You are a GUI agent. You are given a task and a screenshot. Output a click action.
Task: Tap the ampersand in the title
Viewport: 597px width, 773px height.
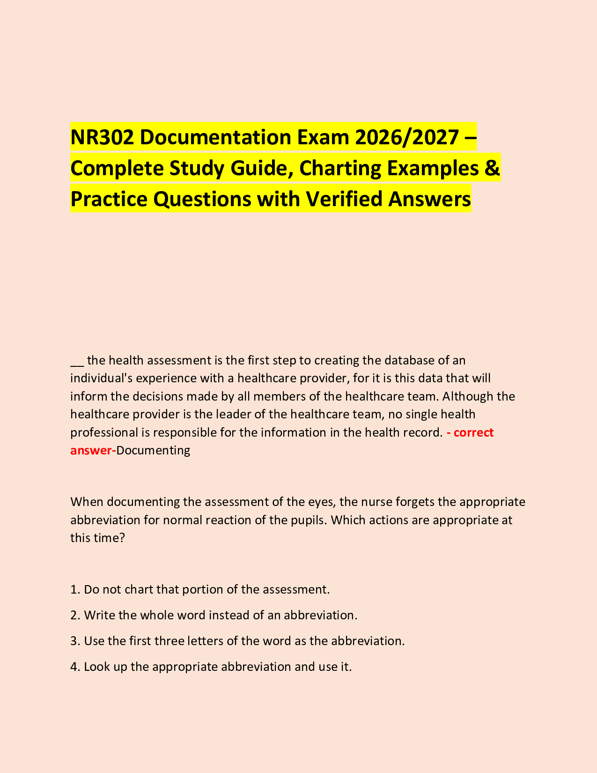click(492, 168)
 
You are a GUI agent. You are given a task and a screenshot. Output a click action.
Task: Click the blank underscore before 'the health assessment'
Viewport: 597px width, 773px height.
click(77, 361)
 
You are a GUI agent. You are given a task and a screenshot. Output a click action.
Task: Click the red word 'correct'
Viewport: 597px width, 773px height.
click(473, 432)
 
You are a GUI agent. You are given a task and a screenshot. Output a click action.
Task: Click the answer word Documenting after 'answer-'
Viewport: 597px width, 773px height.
click(153, 451)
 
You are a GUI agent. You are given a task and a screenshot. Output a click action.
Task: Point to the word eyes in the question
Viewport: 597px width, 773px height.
click(320, 502)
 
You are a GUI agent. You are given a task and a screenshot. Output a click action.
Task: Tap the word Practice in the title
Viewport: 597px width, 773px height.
click(109, 199)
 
